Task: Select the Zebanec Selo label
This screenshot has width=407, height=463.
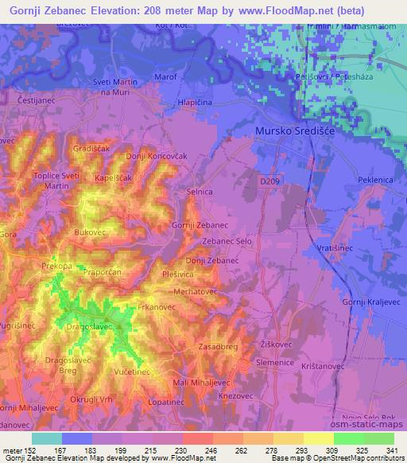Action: pyautogui.click(x=227, y=241)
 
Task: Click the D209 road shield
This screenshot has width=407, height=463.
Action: pyautogui.click(x=270, y=181)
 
